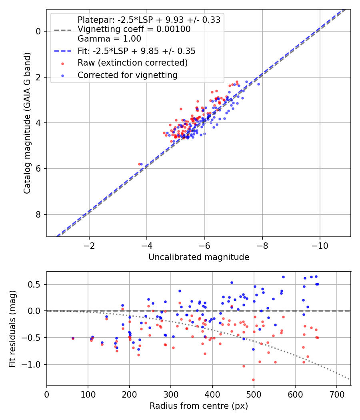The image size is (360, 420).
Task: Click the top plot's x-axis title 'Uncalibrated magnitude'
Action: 199,257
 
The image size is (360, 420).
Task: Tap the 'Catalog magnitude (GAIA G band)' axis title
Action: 27,123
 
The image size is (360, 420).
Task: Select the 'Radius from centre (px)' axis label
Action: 199,406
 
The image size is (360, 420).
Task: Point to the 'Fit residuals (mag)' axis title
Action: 12,329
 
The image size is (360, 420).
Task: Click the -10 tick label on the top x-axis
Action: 320,246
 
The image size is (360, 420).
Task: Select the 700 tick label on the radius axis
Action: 336,394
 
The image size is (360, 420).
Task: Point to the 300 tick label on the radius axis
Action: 171,394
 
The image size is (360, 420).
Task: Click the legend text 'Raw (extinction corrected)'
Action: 132,63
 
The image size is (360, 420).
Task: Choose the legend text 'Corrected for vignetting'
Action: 128,75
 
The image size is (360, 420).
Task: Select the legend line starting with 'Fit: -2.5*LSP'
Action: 137,51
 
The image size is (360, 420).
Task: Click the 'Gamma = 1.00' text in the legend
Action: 109,38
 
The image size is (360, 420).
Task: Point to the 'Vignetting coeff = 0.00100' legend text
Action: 134,29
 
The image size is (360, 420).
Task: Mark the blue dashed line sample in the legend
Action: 63,51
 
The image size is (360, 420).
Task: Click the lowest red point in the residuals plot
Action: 253,380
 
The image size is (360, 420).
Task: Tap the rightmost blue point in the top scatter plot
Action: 258,84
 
